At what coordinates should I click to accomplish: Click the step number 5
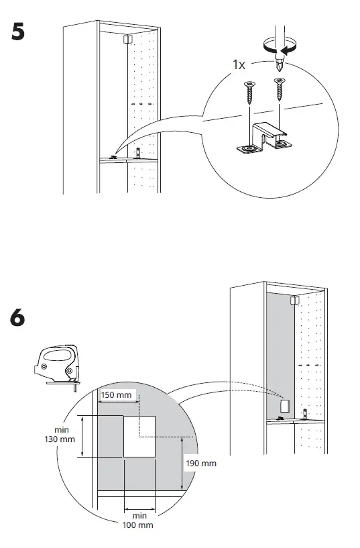pyautogui.click(x=18, y=32)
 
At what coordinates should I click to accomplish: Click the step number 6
pyautogui.click(x=17, y=318)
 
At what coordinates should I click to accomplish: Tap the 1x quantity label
pyautogui.click(x=239, y=64)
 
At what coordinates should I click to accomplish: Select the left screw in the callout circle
pyautogui.click(x=249, y=93)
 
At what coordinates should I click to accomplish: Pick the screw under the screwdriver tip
pyautogui.click(x=279, y=89)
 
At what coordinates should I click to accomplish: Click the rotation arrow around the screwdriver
pyautogui.click(x=280, y=46)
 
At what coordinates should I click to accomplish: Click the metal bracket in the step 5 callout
pyautogui.click(x=265, y=138)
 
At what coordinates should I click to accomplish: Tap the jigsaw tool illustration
pyautogui.click(x=57, y=366)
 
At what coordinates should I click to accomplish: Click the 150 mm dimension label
pyautogui.click(x=116, y=395)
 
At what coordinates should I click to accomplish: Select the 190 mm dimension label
pyautogui.click(x=201, y=463)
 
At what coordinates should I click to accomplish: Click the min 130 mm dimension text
pyautogui.click(x=60, y=435)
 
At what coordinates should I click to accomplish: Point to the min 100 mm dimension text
pyautogui.click(x=138, y=520)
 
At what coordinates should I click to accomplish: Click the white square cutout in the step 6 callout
pyautogui.click(x=139, y=437)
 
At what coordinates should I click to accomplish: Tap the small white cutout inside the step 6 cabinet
pyautogui.click(x=286, y=406)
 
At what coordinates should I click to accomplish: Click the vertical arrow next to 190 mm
pyautogui.click(x=182, y=463)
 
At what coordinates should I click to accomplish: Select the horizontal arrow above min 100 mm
pyautogui.click(x=140, y=509)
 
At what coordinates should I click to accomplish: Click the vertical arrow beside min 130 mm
pyautogui.click(x=82, y=437)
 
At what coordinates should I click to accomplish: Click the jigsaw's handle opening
pyautogui.click(x=58, y=355)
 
